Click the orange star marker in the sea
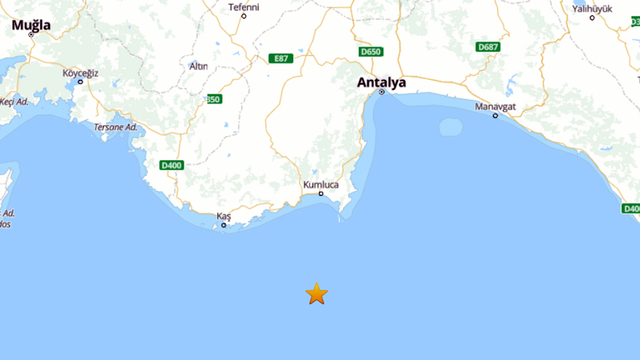click(316, 293)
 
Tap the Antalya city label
click(382, 83)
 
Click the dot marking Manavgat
click(495, 116)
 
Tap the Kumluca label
click(321, 185)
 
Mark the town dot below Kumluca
click(321, 194)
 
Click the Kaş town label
click(224, 216)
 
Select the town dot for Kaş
click(223, 225)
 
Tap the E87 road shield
click(281, 59)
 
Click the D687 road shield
click(488, 47)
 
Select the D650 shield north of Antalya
click(371, 52)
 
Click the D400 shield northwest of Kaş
click(171, 166)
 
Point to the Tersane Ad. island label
click(115, 127)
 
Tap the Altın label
click(198, 66)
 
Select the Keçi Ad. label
click(12, 101)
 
